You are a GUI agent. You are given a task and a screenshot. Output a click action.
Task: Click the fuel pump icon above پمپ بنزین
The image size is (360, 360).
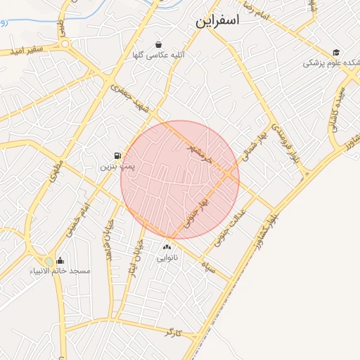click(x=115, y=155)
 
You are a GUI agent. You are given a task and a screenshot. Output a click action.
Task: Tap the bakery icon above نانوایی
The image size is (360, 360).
click(x=167, y=247)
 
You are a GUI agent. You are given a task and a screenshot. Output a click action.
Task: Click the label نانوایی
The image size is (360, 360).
click(x=167, y=258)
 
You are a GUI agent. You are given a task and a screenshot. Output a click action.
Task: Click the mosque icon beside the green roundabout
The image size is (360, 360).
click(x=60, y=260)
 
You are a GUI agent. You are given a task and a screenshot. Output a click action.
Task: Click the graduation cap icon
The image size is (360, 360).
click(x=336, y=52)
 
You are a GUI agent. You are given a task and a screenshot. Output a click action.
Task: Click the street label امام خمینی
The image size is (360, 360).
click(x=77, y=221)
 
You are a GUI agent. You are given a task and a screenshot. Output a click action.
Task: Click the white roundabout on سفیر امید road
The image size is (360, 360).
click(x=66, y=44)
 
